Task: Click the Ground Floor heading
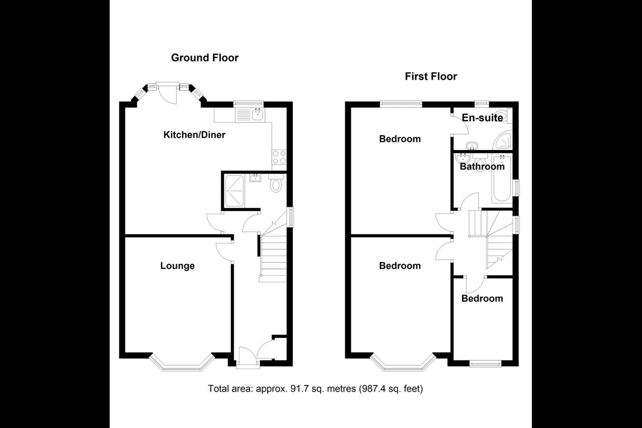coord(205,58)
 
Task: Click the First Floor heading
coord(431,76)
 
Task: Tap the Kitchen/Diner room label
coord(194,135)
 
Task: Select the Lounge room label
coord(177,266)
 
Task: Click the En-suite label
coord(482,118)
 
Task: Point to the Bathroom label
coord(482,166)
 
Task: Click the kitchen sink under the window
coord(258,115)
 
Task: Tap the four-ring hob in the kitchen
coord(280,157)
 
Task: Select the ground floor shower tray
coord(234,191)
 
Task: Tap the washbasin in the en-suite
coord(471,145)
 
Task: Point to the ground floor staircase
coord(273,259)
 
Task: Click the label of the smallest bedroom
coord(482,298)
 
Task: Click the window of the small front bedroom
coord(486,364)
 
